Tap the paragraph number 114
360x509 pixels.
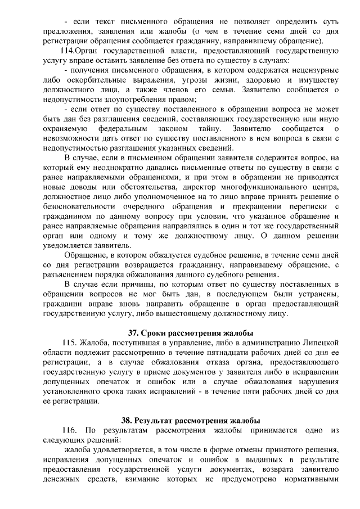(x=73, y=51)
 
